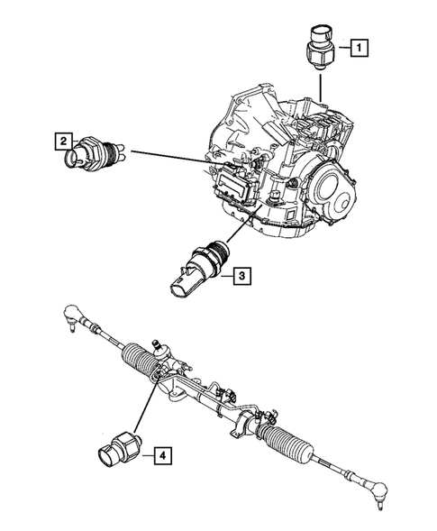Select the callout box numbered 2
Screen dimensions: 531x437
pos(62,141)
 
